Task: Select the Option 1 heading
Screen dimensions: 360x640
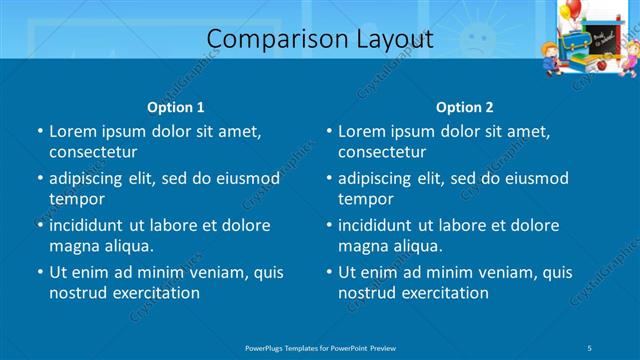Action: [x=176, y=107]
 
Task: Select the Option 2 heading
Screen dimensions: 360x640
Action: [x=465, y=107]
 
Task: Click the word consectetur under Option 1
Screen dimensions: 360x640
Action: [x=93, y=152]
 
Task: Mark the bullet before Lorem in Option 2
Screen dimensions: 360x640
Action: [x=329, y=131]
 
